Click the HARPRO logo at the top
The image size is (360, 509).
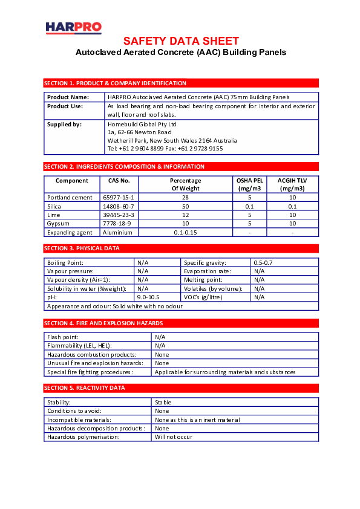click(x=73, y=28)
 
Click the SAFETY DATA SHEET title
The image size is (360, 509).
click(x=181, y=41)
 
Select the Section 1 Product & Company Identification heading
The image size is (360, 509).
click(x=115, y=83)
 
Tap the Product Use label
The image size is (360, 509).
click(x=65, y=106)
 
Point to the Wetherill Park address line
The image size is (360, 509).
click(x=172, y=140)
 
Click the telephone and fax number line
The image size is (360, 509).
click(x=165, y=148)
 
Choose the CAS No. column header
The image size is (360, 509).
click(x=119, y=180)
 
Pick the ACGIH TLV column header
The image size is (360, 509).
click(x=292, y=184)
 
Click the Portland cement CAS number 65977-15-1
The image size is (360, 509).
click(x=119, y=198)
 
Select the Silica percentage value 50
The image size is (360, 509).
click(x=186, y=206)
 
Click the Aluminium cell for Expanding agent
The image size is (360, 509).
click(x=117, y=232)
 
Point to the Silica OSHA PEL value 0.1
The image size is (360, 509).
click(x=249, y=206)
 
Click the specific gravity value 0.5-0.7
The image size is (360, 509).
click(x=263, y=262)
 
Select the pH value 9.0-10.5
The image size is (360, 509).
click(x=148, y=297)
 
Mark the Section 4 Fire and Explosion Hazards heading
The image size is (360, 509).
click(x=103, y=323)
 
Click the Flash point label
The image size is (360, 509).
click(x=63, y=337)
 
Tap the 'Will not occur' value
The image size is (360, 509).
click(x=174, y=436)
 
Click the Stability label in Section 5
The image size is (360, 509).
click(x=59, y=402)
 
